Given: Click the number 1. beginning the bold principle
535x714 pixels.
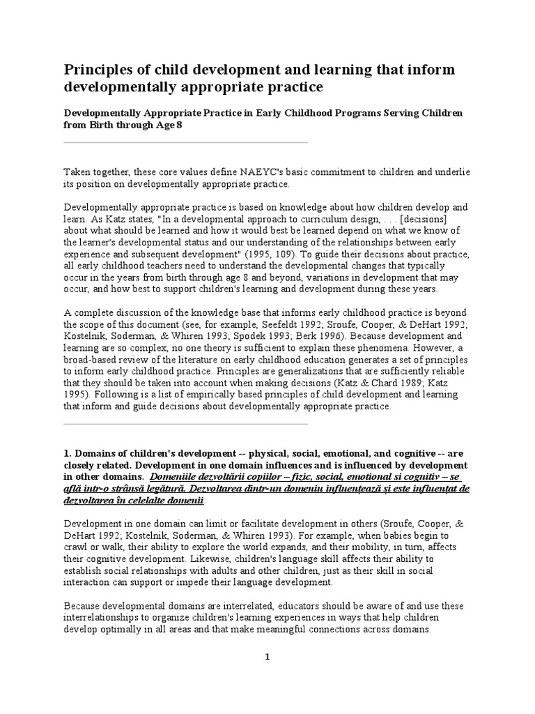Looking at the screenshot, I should click(68, 453).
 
